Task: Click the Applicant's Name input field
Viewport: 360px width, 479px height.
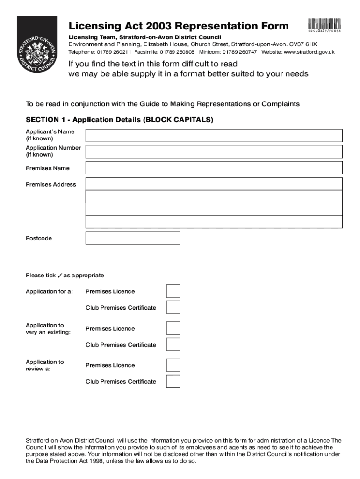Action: (214, 135)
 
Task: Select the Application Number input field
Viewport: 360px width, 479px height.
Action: (214, 151)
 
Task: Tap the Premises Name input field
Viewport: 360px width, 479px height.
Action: (214, 168)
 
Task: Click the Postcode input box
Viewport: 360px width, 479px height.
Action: (133, 238)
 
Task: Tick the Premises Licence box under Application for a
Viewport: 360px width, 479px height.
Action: (173, 291)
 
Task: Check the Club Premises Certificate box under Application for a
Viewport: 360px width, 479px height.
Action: (173, 307)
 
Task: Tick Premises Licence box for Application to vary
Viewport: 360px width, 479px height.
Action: (173, 328)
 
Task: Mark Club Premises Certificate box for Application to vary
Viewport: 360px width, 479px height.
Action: (173, 344)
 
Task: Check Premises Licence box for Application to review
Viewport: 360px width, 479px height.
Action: (173, 365)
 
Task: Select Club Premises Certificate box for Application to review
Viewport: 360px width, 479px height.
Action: (173, 381)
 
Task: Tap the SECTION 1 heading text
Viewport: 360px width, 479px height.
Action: (119, 120)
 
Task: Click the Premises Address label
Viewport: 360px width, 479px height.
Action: (50, 184)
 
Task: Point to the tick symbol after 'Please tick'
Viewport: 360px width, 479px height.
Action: (60, 275)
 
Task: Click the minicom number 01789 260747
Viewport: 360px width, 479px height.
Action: (239, 52)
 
